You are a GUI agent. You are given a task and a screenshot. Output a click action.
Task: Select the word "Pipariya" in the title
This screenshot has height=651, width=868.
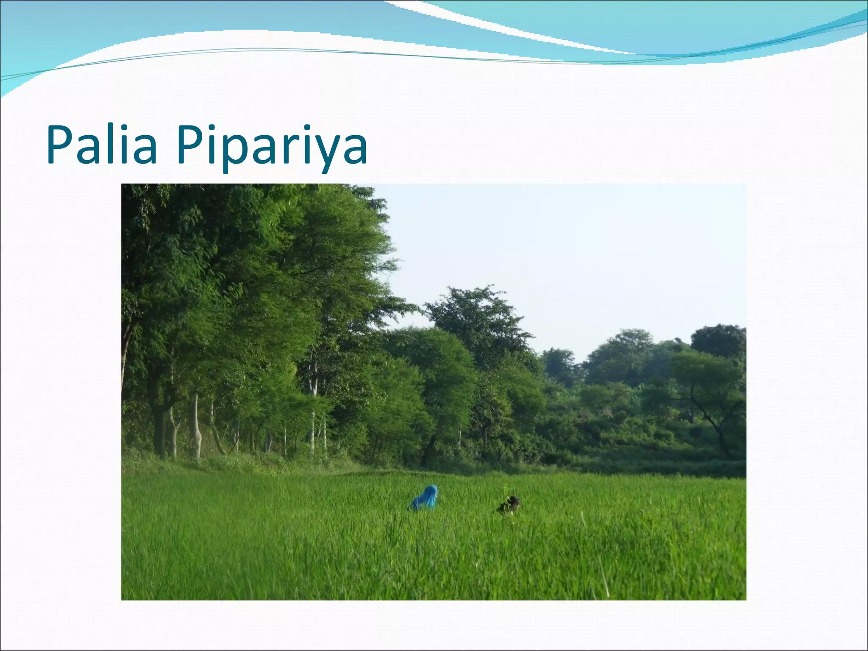point(271,146)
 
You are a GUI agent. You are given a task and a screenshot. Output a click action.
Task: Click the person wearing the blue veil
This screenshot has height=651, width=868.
point(425,498)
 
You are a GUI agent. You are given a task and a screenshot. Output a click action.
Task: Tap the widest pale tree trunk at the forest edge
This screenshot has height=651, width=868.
point(195,428)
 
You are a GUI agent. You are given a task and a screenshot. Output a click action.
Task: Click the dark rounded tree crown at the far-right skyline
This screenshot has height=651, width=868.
point(718,339)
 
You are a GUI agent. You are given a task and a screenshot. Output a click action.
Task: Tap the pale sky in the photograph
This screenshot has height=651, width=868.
point(572,254)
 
